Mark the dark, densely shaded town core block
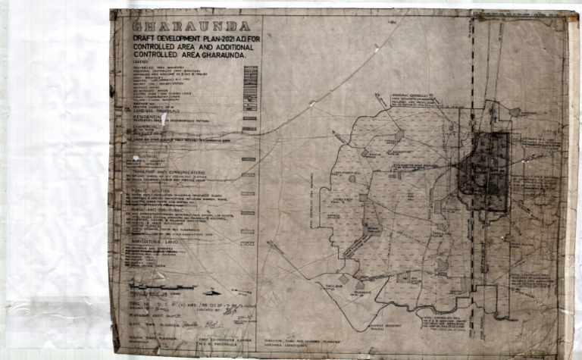point(483,171)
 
